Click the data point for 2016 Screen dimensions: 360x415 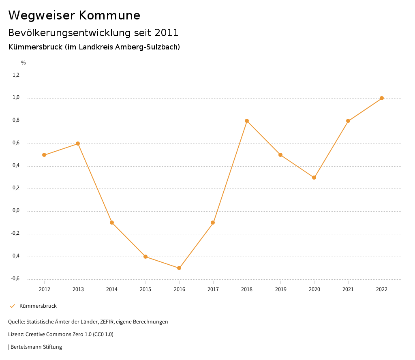tap(179, 268)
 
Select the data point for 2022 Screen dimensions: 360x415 tap(382, 98)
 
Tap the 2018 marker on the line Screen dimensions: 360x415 tap(247, 121)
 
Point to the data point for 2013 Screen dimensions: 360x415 tap(78, 144)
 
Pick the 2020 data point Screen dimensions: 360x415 tap(314, 178)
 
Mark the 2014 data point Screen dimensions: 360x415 tap(112, 223)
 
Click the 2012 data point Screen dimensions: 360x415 tap(44, 155)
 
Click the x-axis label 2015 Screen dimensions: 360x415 tap(145, 289)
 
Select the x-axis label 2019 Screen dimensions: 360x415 tap(280, 289)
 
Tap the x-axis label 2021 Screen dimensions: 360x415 tap(348, 289)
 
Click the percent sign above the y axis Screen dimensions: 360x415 tap(24, 63)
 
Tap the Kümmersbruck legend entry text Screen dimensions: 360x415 tap(38, 306)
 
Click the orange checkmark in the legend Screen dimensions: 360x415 tap(12, 306)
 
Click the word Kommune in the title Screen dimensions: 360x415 tap(109, 15)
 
